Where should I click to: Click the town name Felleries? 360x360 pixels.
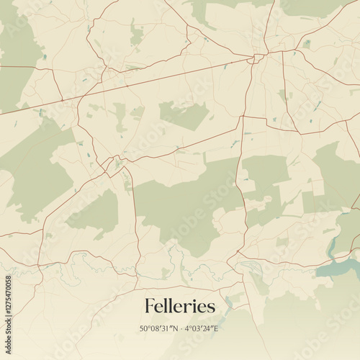click(x=179, y=306)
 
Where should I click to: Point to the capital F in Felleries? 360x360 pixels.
click(x=150, y=306)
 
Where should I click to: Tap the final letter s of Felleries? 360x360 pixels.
click(x=211, y=307)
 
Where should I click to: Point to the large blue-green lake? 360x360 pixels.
click(x=338, y=269)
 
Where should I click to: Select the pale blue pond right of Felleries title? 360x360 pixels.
click(x=230, y=302)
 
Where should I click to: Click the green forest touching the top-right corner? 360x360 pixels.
click(x=324, y=7)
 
